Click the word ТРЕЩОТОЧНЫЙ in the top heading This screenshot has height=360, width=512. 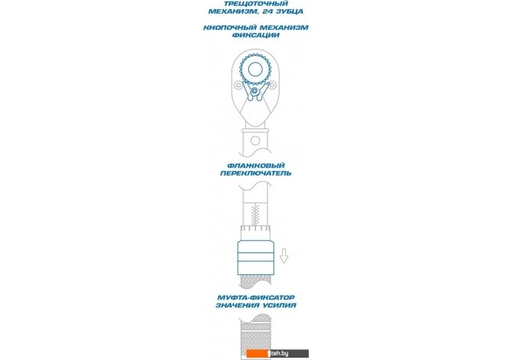256,4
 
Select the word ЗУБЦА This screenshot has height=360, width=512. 290,11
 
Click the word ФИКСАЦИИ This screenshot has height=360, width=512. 256,35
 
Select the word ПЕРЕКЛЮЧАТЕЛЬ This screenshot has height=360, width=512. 256,174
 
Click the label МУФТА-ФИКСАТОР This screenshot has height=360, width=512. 256,297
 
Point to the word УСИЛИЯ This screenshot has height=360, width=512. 280,306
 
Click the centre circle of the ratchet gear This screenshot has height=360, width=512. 255,70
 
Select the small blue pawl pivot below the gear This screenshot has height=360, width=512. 254,91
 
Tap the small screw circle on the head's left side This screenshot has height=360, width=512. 238,86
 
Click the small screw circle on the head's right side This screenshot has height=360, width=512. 272,86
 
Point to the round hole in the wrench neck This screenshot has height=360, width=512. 255,141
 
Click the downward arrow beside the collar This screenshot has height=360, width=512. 284,255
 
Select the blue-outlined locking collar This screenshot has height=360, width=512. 256,258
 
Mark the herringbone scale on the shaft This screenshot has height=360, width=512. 256,215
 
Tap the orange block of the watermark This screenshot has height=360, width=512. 258,353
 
